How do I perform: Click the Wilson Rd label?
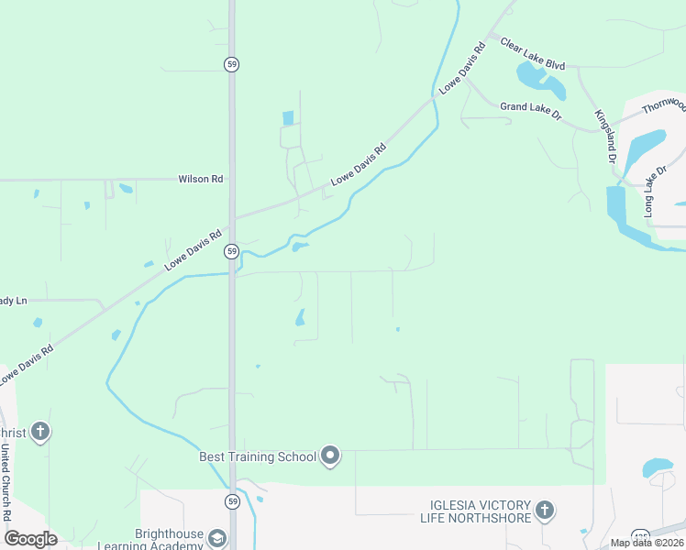(x=201, y=180)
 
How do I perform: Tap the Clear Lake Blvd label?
(x=532, y=54)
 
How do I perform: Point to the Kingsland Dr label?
(x=604, y=136)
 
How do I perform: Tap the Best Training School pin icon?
(x=331, y=456)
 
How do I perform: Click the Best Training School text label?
(x=258, y=456)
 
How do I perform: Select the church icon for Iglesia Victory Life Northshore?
(x=545, y=510)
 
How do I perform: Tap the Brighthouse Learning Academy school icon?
(x=217, y=538)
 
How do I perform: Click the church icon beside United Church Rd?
(x=39, y=430)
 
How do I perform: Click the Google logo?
(x=30, y=538)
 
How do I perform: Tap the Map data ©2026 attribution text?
(x=647, y=543)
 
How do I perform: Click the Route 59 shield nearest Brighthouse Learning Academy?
(x=233, y=501)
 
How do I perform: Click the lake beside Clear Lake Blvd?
(x=540, y=81)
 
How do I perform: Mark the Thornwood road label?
(x=663, y=104)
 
